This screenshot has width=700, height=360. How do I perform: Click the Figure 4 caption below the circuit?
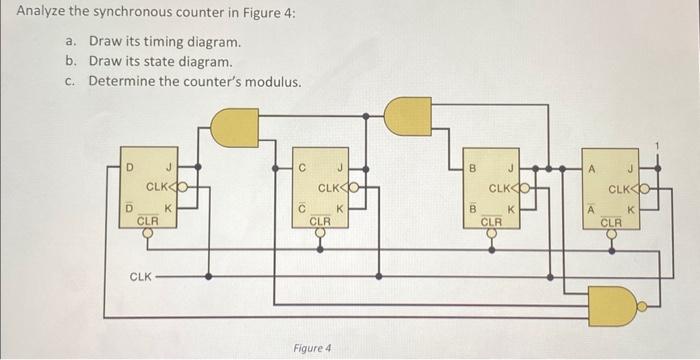[x=311, y=348]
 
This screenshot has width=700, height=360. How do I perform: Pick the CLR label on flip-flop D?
[x=146, y=219]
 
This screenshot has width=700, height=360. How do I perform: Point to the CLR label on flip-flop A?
[x=612, y=221]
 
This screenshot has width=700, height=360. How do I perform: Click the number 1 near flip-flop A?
[x=657, y=148]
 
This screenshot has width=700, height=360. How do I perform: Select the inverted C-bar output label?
[x=302, y=209]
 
